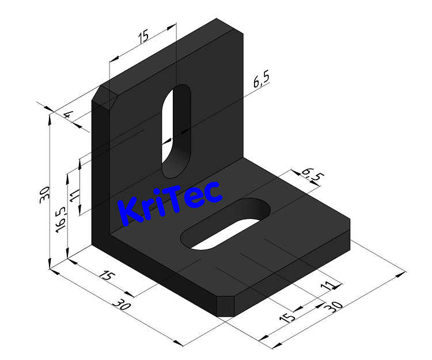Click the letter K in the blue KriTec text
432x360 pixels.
128,212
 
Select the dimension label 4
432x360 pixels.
68,115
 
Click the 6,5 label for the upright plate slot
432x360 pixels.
261,81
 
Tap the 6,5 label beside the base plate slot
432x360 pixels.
310,175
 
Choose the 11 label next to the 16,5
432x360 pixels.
74,194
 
